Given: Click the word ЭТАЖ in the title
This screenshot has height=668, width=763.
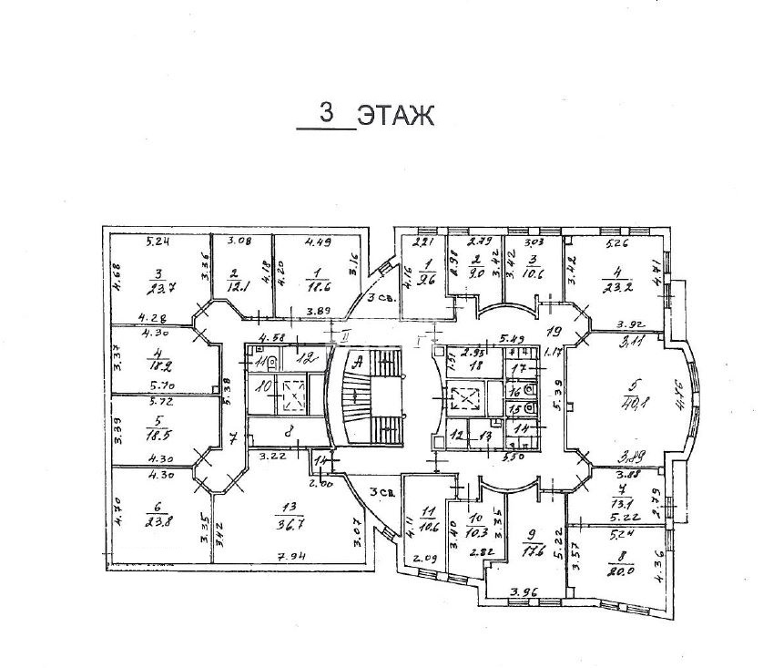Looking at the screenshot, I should (392, 116).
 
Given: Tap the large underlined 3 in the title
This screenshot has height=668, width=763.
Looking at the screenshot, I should (325, 113).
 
